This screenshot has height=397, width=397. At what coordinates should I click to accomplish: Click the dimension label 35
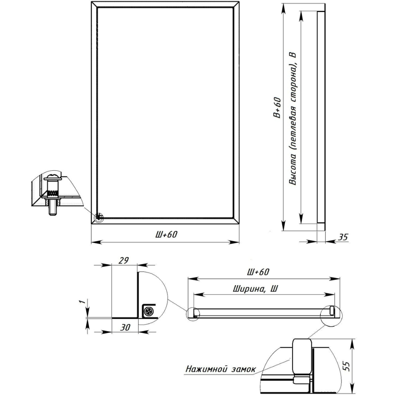[x=343, y=237]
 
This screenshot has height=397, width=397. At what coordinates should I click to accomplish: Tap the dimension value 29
[x=123, y=260]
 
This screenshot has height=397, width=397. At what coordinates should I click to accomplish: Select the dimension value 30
[x=125, y=328]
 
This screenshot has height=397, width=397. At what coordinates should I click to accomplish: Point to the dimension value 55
[x=347, y=366]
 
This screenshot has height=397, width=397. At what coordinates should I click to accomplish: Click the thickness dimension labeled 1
[x=82, y=302]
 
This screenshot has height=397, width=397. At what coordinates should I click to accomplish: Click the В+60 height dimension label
[x=277, y=107]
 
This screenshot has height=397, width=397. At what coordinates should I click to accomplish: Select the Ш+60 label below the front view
[x=166, y=235]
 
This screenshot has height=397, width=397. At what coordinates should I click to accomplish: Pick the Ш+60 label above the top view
[x=258, y=272]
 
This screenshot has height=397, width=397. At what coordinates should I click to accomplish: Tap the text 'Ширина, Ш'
[x=255, y=289]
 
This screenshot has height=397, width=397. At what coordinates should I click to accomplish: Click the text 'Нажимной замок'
[x=220, y=369]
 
